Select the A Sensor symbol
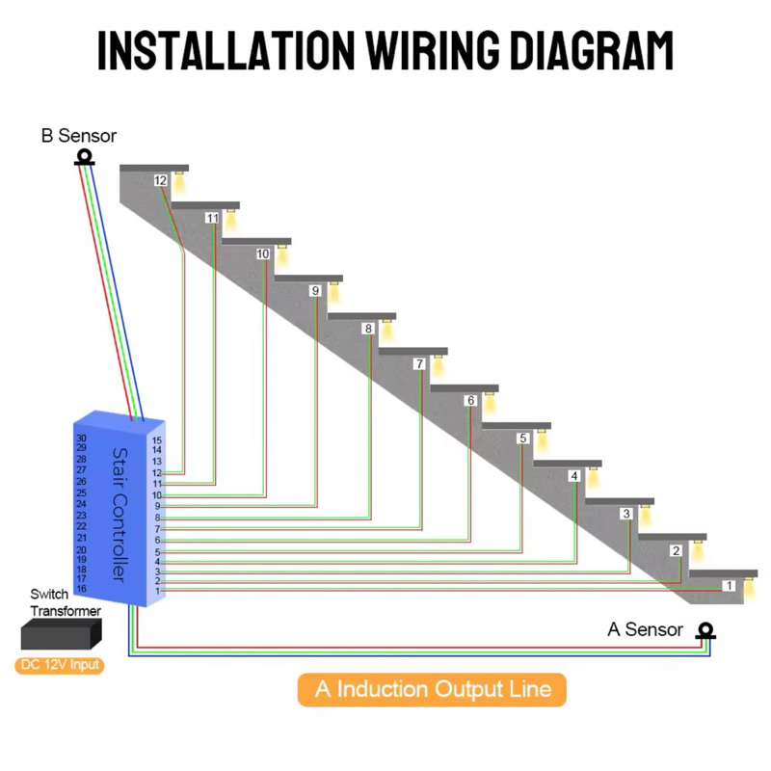(706, 632)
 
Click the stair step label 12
(161, 180)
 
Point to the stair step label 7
(418, 364)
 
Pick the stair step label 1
(729, 585)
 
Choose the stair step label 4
(573, 476)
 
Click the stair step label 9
(314, 291)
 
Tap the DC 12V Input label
(59, 665)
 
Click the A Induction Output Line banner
(432, 689)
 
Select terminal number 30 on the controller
(81, 438)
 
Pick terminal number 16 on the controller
(81, 588)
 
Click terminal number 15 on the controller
(157, 440)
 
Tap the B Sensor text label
(78, 136)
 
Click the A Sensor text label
(645, 630)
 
